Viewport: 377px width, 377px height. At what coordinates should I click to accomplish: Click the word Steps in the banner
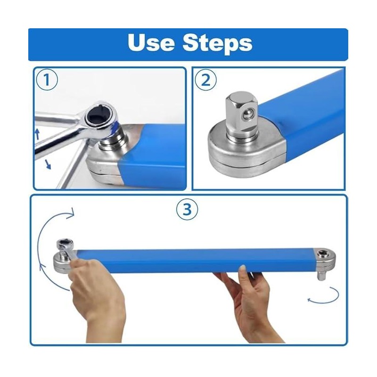[x=217, y=43]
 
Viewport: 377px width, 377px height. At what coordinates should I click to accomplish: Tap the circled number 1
[x=47, y=80]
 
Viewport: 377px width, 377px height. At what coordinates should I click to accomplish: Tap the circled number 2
[x=205, y=80]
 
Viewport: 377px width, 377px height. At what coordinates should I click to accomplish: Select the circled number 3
[x=187, y=209]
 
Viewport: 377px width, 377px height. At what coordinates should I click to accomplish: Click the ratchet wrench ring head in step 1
[x=99, y=117]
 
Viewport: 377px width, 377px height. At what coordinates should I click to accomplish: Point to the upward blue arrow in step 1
[x=37, y=134]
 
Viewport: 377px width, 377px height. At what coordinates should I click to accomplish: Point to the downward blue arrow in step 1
[x=48, y=164]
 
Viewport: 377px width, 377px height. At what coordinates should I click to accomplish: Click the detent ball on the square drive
[x=248, y=114]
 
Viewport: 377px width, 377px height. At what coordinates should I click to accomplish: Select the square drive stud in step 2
[x=241, y=115]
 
